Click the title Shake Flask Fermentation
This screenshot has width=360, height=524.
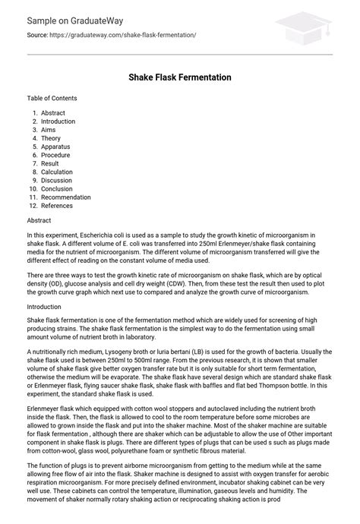(180, 77)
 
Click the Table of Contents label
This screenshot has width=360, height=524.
(52, 98)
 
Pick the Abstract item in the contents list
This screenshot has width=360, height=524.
(53, 113)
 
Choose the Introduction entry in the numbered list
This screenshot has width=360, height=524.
(58, 122)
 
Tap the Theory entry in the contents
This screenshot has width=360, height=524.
(51, 138)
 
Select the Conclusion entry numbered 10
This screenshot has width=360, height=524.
(58, 188)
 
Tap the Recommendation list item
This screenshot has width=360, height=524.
(66, 197)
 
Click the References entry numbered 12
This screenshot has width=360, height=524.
(57, 205)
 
